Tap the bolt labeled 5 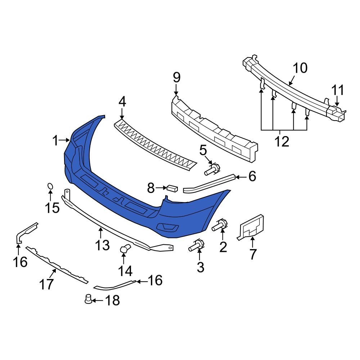click(212, 170)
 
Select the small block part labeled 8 click(172, 188)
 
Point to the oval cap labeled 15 click(50, 186)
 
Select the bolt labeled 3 click(196, 246)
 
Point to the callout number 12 click(282, 141)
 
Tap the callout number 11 click(338, 90)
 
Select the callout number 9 click(176, 77)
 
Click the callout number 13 click(102, 245)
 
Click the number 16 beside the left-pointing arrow click(155, 280)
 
